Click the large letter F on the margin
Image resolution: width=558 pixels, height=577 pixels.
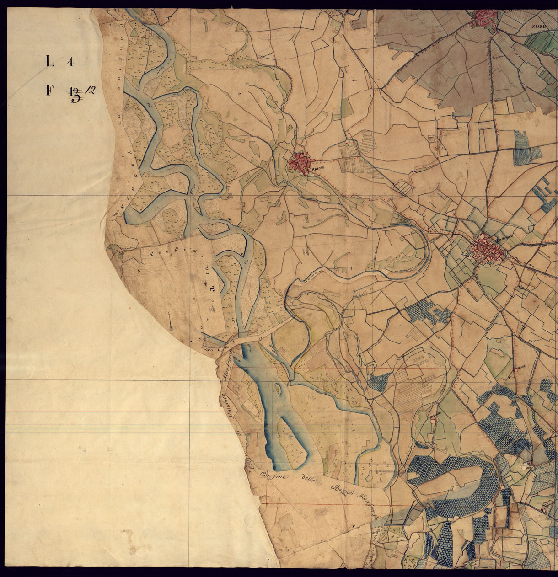[49, 91]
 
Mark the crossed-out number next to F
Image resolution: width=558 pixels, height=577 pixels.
[74, 95]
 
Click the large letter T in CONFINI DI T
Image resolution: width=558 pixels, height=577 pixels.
[211, 289]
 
